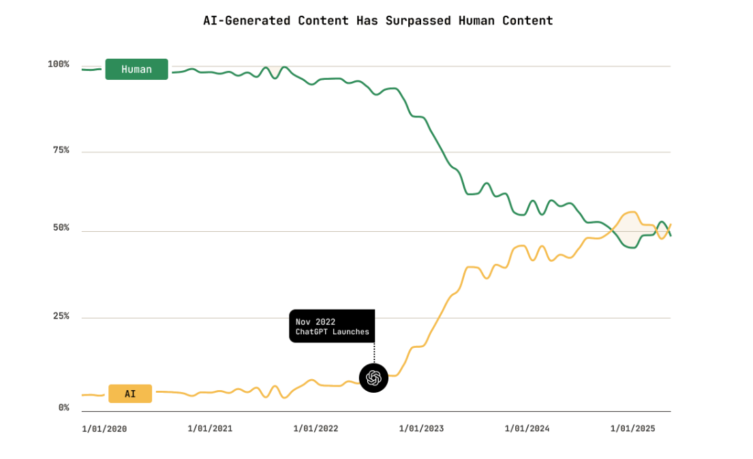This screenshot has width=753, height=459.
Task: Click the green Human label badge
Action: pos(136,70)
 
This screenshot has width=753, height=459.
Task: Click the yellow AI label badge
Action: pos(130,394)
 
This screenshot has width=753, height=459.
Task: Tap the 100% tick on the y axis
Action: pos(59,64)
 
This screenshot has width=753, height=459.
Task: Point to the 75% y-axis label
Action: pos(61,150)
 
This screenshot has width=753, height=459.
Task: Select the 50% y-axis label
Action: pos(61,228)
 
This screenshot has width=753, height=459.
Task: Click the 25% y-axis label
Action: pos(61,316)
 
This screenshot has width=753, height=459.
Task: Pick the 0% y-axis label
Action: pos(63,408)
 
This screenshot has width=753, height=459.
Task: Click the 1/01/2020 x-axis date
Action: pos(104,429)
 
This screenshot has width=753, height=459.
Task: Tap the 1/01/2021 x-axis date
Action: pos(210,429)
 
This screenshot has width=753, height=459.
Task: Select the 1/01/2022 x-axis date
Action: pos(316,429)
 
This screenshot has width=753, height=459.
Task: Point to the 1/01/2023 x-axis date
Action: pos(421,429)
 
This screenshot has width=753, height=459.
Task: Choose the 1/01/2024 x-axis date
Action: pos(527,429)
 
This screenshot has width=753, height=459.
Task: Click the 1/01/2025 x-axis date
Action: pos(632,429)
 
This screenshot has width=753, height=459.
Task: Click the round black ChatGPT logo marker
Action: pos(373,378)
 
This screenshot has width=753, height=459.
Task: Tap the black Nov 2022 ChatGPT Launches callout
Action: pos(332,327)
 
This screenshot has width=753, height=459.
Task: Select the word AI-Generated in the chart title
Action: pos(247,20)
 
